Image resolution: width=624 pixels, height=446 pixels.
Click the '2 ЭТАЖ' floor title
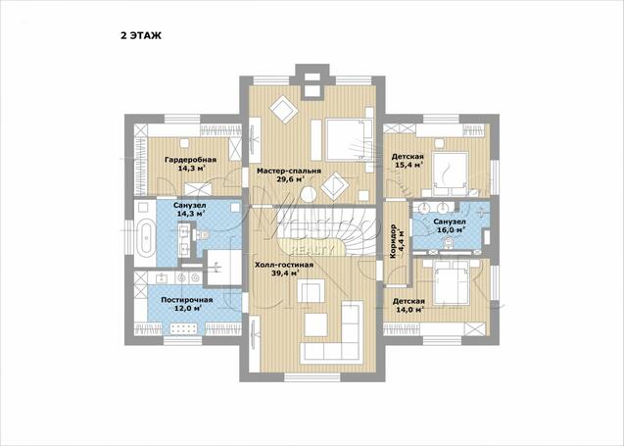tap(141, 36)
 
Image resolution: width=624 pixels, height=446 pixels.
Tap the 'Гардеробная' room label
tap(191, 160)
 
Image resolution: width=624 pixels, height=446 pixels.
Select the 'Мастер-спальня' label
tap(289, 172)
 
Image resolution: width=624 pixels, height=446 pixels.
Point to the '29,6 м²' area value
tap(291, 179)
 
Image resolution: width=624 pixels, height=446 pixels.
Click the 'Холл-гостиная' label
tap(284, 265)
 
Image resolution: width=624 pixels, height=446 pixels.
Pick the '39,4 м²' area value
tap(285, 273)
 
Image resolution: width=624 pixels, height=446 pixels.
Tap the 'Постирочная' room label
tap(187, 300)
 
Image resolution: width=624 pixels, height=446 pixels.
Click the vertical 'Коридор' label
tap(393, 242)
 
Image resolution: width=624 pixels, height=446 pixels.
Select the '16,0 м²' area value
tap(452, 229)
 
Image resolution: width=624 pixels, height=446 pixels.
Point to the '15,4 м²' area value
tap(408, 165)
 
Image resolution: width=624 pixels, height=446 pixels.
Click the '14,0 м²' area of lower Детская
tap(408, 310)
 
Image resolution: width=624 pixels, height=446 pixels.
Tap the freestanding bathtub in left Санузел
tap(146, 238)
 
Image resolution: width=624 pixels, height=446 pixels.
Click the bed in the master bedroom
tap(346, 140)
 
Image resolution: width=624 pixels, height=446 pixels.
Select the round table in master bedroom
tap(309, 195)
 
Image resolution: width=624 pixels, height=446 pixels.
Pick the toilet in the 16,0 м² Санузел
tap(449, 243)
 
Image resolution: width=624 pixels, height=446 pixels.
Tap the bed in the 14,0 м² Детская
tap(451, 281)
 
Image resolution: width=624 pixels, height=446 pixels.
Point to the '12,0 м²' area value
tap(187, 308)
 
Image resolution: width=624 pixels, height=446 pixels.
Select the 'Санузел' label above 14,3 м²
tap(189, 206)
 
